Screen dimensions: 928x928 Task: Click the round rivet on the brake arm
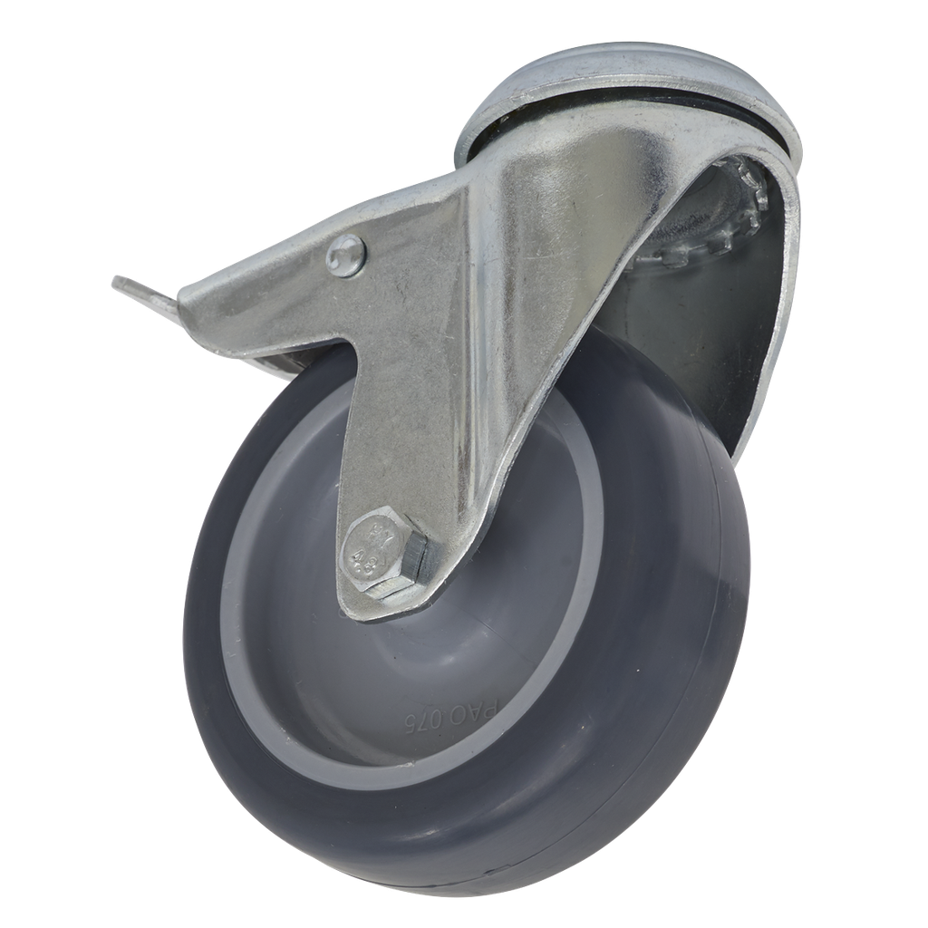coord(347,255)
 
